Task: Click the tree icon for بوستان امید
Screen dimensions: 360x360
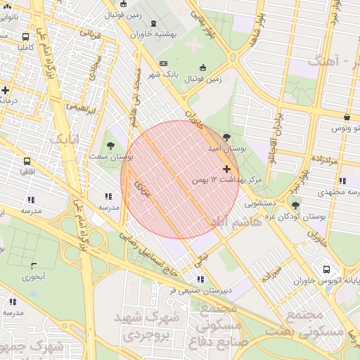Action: [226, 137]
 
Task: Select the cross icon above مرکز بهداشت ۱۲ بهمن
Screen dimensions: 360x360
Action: [226, 169]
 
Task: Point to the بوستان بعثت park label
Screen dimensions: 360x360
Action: [107, 155]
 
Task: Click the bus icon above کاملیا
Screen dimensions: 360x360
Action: [26, 37]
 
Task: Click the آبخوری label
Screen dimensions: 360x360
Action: [33, 276]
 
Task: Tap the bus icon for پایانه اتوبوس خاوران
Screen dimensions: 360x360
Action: [326, 269]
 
